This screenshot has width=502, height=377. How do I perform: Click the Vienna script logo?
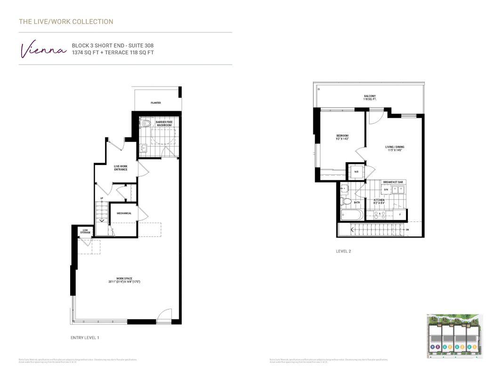pyautogui.click(x=42, y=50)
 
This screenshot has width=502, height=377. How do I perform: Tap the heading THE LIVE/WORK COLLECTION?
pyautogui.click(x=66, y=22)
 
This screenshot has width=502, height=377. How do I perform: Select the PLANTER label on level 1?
pyautogui.click(x=156, y=103)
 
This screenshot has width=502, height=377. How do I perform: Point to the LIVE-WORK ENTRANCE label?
pyautogui.click(x=121, y=168)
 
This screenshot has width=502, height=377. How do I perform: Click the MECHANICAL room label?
pyautogui.click(x=124, y=213)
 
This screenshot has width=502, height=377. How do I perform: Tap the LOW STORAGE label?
pyautogui.click(x=85, y=231)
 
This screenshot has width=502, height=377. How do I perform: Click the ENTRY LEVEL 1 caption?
pyautogui.click(x=85, y=338)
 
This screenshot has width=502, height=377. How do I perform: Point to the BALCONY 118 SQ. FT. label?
pyautogui.click(x=370, y=98)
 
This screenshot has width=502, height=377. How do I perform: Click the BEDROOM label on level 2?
pyautogui.click(x=342, y=137)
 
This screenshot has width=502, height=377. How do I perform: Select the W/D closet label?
pyautogui.click(x=356, y=172)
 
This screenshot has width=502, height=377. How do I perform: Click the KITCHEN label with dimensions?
pyautogui.click(x=379, y=202)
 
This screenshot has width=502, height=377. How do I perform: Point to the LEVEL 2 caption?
pyautogui.click(x=343, y=251)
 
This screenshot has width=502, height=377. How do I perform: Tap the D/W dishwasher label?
pyautogui.click(x=386, y=189)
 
